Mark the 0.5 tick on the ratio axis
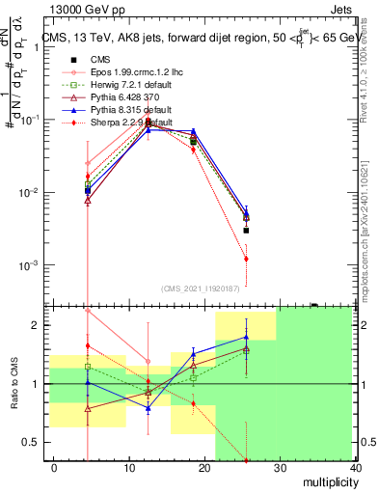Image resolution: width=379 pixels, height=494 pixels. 34,442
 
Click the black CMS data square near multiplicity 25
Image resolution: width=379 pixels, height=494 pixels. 247,231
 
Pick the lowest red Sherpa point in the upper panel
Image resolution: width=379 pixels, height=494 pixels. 247,259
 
